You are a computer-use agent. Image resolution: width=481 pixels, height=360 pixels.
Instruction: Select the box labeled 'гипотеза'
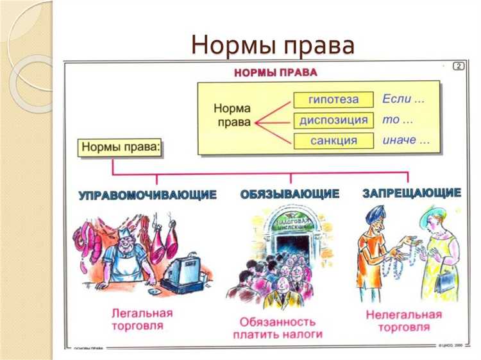333,100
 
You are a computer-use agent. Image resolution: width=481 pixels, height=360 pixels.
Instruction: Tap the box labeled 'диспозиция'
333,120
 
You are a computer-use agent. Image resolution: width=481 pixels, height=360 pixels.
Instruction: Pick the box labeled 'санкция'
333,141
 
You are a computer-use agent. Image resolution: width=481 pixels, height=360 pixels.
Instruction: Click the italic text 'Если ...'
403,99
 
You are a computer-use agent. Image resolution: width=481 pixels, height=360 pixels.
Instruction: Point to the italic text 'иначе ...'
405,140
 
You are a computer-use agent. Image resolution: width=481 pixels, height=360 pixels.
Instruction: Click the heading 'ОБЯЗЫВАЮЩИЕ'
290,194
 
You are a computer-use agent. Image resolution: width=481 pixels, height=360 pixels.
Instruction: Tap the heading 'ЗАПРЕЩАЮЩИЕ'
411,193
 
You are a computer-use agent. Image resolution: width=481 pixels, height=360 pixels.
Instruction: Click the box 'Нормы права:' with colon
121,148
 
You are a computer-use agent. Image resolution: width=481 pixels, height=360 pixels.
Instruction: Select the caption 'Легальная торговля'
142,320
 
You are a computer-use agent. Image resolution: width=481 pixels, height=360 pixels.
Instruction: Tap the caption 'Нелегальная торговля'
404,321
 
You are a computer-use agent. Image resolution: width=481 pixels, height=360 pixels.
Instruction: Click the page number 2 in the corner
458,66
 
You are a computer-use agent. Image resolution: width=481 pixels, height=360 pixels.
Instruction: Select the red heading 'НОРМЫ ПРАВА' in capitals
276,73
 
